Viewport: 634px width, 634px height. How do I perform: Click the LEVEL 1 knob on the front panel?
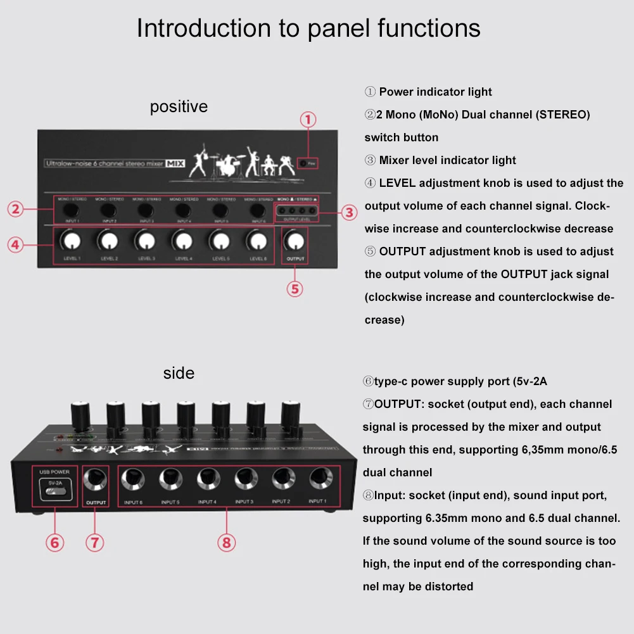72,241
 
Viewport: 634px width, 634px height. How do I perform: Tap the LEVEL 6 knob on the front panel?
257,241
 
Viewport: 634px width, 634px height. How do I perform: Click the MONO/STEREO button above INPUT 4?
183,210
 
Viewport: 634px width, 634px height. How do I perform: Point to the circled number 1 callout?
308,120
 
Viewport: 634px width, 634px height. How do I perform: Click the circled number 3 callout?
350,212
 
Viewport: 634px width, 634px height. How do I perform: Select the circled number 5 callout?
295,289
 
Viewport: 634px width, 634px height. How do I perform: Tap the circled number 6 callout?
55,542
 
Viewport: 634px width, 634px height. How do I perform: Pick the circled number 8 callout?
227,542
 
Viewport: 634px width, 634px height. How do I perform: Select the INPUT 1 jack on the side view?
318,480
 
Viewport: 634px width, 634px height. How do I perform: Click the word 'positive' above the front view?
179,106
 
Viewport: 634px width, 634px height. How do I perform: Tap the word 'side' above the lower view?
179,373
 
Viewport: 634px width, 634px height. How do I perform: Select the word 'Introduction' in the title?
200,29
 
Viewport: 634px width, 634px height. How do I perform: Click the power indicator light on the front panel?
303,163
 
